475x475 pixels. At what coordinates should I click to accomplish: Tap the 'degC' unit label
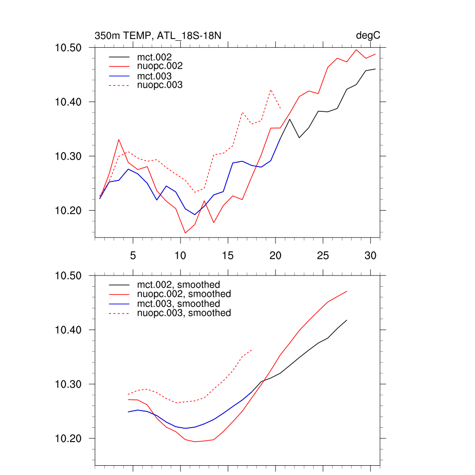[368, 36]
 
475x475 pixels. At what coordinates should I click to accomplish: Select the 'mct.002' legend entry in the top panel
[157, 57]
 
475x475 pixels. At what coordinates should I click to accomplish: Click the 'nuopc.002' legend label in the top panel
[163, 66]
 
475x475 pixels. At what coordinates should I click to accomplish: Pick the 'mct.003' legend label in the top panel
[157, 76]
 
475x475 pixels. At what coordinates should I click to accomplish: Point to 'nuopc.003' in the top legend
[163, 85]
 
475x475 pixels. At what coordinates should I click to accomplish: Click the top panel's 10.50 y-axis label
[69, 48]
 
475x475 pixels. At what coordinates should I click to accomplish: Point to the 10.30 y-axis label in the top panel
[69, 156]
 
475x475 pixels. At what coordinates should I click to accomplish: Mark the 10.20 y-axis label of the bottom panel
[69, 439]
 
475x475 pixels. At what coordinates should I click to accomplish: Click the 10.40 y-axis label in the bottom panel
[69, 330]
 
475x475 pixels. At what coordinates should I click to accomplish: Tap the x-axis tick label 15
[228, 256]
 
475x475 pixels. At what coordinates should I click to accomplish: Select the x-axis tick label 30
[370, 256]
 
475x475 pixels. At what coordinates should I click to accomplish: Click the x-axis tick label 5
[133, 256]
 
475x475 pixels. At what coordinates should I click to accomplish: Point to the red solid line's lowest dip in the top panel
[185, 233]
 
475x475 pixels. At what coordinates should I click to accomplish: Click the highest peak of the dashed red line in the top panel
[271, 90]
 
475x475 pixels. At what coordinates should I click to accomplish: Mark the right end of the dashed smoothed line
[252, 350]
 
